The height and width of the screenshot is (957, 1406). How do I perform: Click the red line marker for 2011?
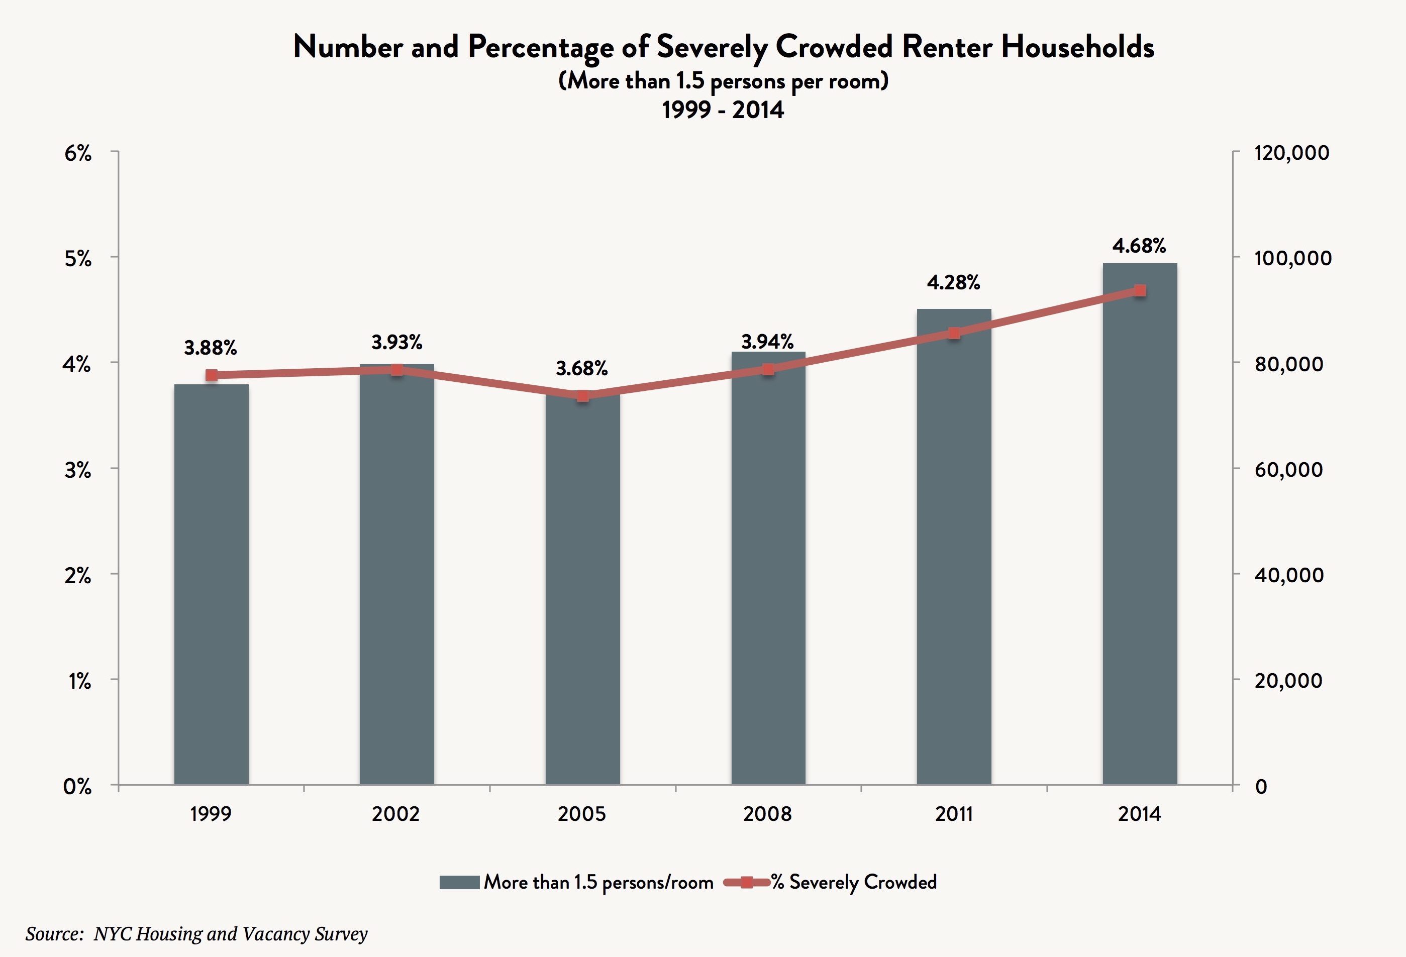pos(954,333)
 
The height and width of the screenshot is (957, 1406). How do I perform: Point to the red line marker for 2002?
pos(397,370)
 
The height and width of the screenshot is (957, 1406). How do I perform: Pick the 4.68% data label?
pos(1139,246)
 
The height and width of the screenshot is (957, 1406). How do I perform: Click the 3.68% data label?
pos(581,368)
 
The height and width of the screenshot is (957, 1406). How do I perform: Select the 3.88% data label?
pos(211,348)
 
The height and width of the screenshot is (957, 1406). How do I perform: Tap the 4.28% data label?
pos(953,282)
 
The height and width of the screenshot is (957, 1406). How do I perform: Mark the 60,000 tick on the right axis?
pos(1288,469)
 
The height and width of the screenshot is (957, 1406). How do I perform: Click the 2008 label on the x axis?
pos(767,814)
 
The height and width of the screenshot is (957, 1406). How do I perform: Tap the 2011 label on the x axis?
pos(953,814)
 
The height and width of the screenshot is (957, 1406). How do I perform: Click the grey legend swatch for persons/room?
pos(459,882)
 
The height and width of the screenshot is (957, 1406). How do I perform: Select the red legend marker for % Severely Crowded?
pos(747,882)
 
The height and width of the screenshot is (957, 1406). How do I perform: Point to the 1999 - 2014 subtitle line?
pos(723,110)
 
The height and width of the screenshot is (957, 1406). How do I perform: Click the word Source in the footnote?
pos(53,934)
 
